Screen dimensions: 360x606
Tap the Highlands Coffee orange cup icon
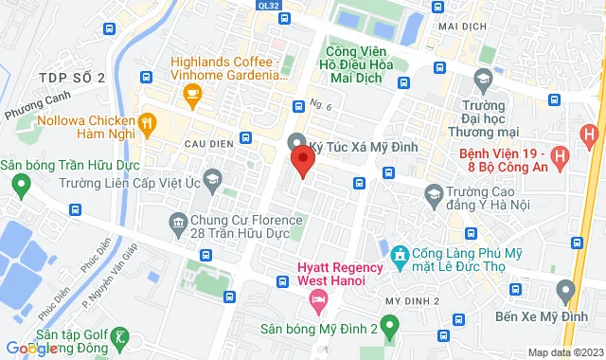(x=193, y=93)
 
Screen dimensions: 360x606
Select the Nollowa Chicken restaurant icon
(x=146, y=121)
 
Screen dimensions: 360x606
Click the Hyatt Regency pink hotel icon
(x=318, y=302)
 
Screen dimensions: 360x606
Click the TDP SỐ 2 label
(x=72, y=77)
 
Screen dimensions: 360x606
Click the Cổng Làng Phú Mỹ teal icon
(x=400, y=254)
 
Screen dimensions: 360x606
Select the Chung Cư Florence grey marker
(x=177, y=223)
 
